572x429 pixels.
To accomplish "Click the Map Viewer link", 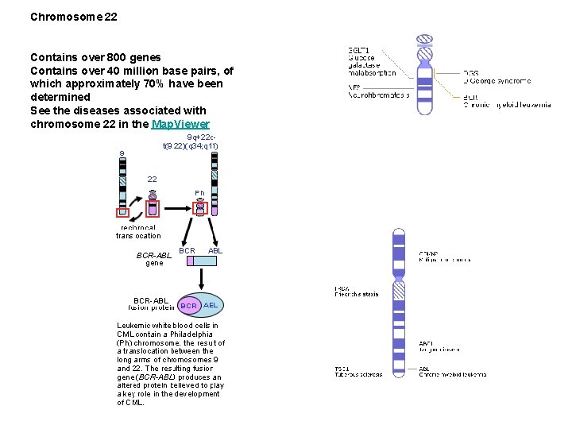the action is point(181,124).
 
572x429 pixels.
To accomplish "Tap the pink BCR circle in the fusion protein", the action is point(188,306).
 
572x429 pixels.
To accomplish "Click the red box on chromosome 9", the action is point(123,212).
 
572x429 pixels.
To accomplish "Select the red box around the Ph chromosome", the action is point(200,208).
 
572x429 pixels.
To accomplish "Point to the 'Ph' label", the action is point(200,193).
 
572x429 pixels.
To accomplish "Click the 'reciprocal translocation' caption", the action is point(138,231).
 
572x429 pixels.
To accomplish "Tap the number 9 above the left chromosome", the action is point(122,154).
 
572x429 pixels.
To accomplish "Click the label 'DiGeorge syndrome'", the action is point(500,80).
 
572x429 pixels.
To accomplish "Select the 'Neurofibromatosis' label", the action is point(379,95).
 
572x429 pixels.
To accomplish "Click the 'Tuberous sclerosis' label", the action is point(358,374).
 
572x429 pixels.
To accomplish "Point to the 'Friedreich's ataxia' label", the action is point(357,294).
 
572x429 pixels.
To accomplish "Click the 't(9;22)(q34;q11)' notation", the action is point(191,146).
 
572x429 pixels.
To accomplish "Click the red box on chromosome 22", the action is point(153,209).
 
